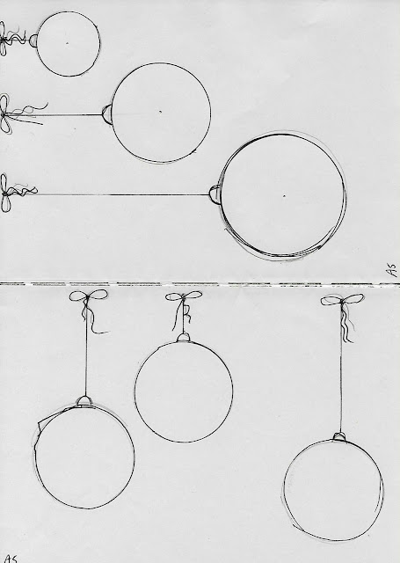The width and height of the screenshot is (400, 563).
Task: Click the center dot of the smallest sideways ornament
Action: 67,43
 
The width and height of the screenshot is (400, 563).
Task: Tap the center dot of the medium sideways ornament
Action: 160,112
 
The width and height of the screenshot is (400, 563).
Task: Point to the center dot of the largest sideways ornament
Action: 284,196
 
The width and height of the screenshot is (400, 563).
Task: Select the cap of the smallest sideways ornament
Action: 33,40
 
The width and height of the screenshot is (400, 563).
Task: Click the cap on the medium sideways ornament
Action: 107,114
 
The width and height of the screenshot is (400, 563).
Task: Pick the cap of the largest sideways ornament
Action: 215,195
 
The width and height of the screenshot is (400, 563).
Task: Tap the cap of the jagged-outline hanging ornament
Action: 85,401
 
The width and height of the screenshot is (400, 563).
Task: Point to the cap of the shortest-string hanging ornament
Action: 184,337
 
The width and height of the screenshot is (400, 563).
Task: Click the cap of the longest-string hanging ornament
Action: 339,437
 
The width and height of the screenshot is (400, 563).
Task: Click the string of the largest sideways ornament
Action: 123,194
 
